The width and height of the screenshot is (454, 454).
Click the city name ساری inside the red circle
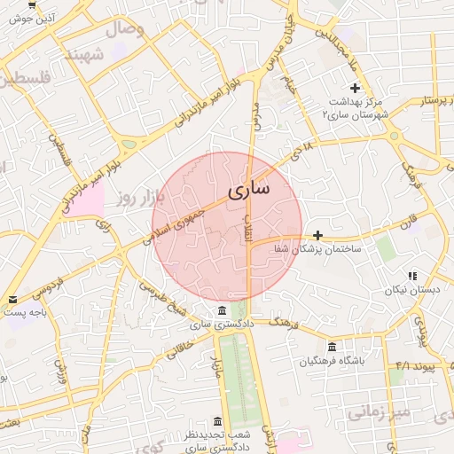(247, 191)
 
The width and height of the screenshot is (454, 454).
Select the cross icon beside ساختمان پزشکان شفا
(317, 235)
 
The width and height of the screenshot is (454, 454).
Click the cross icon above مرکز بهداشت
(356, 88)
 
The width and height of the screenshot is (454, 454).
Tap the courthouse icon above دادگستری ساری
(221, 311)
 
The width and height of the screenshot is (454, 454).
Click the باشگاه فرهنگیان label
(333, 361)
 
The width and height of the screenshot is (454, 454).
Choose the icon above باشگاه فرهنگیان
(332, 347)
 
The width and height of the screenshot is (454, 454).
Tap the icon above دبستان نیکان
(412, 276)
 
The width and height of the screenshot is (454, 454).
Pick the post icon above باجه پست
(12, 299)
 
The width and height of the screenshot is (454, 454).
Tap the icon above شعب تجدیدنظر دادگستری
(218, 422)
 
